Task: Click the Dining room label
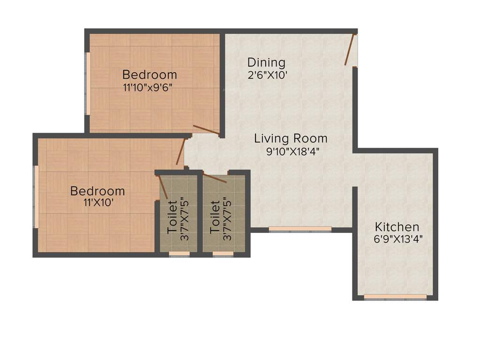pos(266,62)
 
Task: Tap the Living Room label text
pos(291,139)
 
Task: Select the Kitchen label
pos(397,227)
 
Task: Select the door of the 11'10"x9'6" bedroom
pos(206,130)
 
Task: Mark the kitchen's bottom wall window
pos(395,297)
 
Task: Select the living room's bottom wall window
pos(300,229)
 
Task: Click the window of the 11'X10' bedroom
pos(35,196)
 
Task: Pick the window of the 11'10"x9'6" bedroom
pos(87,83)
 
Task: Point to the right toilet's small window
pos(223,254)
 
